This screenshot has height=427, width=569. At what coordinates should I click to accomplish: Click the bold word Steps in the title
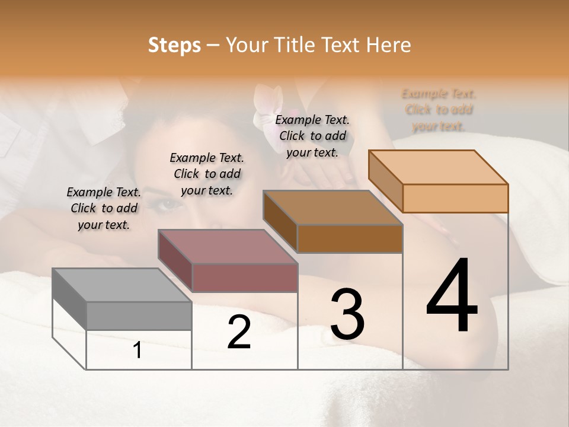pos(174,45)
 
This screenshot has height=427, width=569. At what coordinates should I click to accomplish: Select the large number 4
pos(452,297)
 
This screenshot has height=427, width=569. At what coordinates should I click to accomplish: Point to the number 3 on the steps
pos(347,314)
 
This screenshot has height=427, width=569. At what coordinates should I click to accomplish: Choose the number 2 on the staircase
pos(239,332)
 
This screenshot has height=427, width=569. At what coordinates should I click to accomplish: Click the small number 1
pos(138,350)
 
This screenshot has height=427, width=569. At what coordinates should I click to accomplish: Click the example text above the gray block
pos(104,208)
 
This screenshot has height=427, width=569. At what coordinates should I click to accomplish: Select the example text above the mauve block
pos(207,174)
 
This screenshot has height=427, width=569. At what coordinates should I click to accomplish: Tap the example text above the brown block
pos(312,136)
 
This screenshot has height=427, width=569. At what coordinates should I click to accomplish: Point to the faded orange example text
pos(439,110)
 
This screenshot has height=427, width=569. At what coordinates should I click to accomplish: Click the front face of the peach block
pos(455,198)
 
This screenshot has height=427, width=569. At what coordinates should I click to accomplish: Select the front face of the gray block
pos(139,316)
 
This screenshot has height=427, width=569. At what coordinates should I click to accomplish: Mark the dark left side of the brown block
pos(280,221)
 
